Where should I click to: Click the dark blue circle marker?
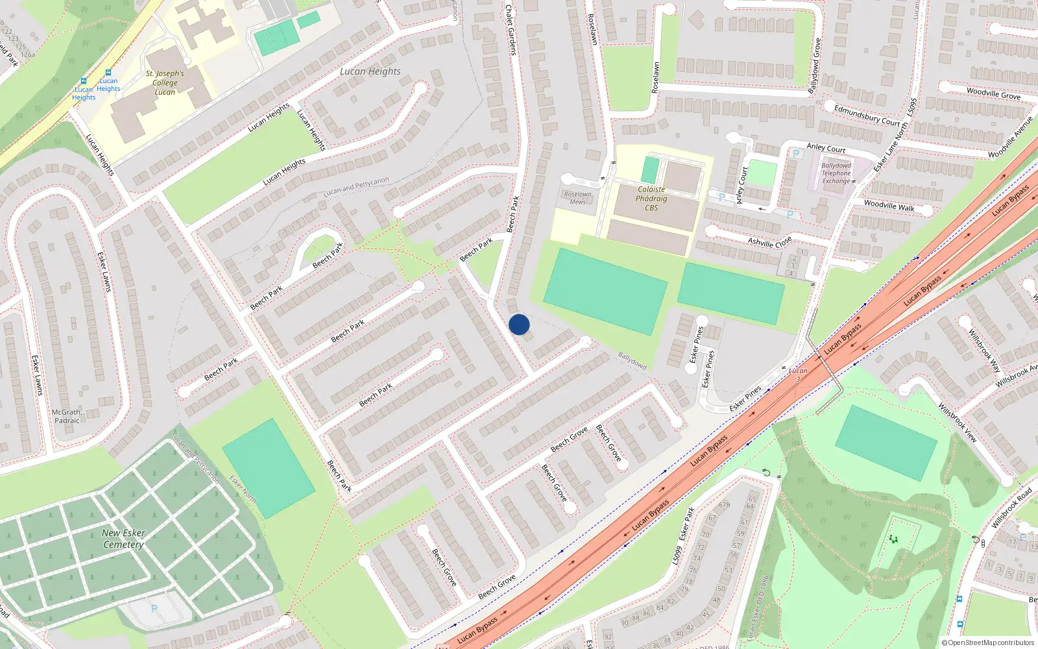[519, 324]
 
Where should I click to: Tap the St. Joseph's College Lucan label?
[165, 83]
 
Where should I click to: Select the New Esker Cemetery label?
[123, 539]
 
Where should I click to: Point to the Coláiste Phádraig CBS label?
[651, 199]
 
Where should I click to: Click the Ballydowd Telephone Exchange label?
[836, 173]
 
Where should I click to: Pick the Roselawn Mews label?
[577, 198]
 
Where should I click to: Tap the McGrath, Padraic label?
[67, 416]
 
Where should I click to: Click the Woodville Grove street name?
[993, 93]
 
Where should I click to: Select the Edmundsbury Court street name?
[867, 116]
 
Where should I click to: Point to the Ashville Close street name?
[769, 242]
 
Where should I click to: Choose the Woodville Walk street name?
[889, 206]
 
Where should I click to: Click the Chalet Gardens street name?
[511, 29]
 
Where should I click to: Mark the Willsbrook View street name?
[957, 422]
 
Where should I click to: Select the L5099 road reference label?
[677, 555]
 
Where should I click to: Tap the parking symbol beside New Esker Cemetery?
[154, 609]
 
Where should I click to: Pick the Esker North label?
[243, 489]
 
